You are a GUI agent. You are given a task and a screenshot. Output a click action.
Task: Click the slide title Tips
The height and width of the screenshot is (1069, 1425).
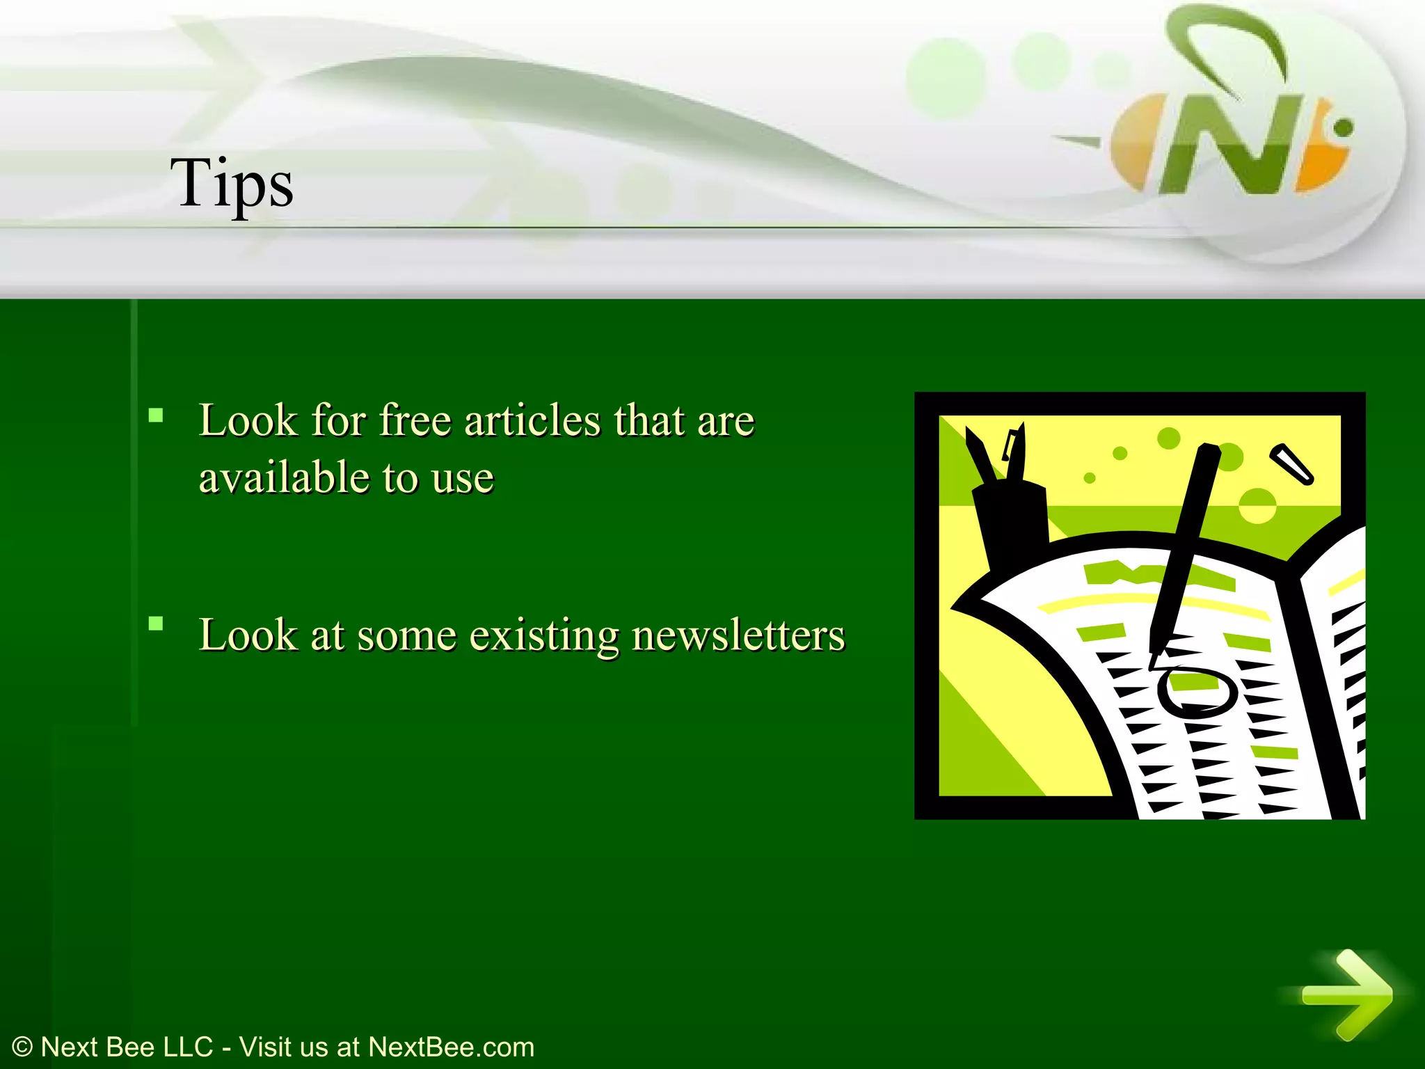(x=232, y=182)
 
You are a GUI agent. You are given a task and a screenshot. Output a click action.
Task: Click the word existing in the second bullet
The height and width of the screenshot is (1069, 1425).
(x=543, y=635)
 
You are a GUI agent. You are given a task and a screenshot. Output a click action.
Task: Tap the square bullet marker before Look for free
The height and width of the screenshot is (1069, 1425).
(x=156, y=416)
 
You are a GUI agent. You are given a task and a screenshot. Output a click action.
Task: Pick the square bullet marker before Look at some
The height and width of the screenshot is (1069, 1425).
(x=156, y=624)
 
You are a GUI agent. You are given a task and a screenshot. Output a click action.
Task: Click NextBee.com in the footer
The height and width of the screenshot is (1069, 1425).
(x=451, y=1047)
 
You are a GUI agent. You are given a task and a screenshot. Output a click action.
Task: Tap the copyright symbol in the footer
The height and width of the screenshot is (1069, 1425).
(x=22, y=1047)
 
